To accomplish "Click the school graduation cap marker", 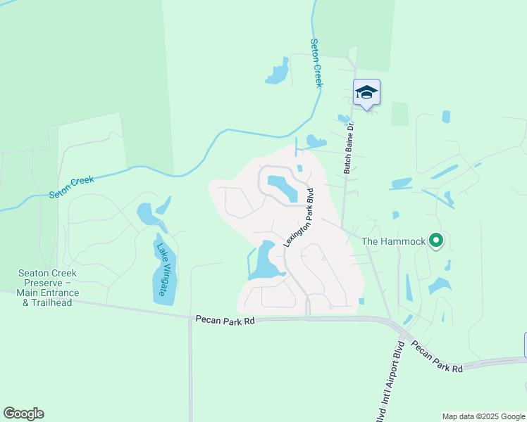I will (x=366, y=92).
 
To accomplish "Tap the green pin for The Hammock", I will (x=436, y=241).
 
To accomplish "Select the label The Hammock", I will (x=393, y=242).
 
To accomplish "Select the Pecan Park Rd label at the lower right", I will (x=438, y=357).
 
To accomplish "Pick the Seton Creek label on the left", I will (x=71, y=186).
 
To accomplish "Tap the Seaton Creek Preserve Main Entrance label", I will (x=49, y=288).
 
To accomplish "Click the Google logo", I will (x=23, y=414).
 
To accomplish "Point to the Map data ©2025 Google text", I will (x=483, y=416).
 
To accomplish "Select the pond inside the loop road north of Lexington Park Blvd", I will (x=283, y=187).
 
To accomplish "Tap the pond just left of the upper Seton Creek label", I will (x=277, y=73).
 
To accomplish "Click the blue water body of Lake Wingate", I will (x=161, y=281).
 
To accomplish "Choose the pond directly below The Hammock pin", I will (x=440, y=286).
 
